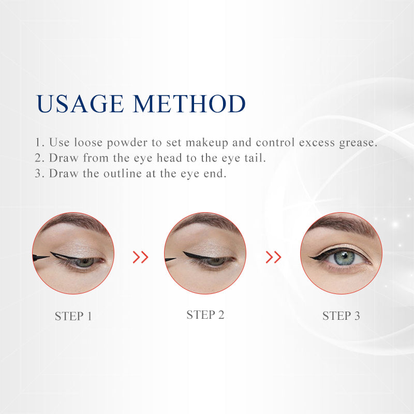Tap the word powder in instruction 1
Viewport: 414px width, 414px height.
pyautogui.click(x=127, y=143)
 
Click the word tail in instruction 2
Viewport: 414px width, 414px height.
pyautogui.click(x=255, y=158)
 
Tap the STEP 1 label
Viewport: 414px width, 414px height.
pyautogui.click(x=73, y=316)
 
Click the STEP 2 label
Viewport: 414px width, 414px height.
pyautogui.click(x=205, y=315)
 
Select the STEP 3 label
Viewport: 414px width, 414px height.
pyautogui.click(x=341, y=316)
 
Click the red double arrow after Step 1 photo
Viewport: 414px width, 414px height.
pyautogui.click(x=140, y=257)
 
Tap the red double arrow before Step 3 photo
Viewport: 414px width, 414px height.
pyautogui.click(x=273, y=257)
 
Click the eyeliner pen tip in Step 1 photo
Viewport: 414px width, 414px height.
pyautogui.click(x=49, y=256)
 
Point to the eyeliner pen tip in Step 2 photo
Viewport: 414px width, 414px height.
pyautogui.click(x=175, y=258)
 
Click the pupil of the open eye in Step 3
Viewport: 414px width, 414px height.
pyautogui.click(x=344, y=256)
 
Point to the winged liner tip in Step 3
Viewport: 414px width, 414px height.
pyautogui.click(x=310, y=257)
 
